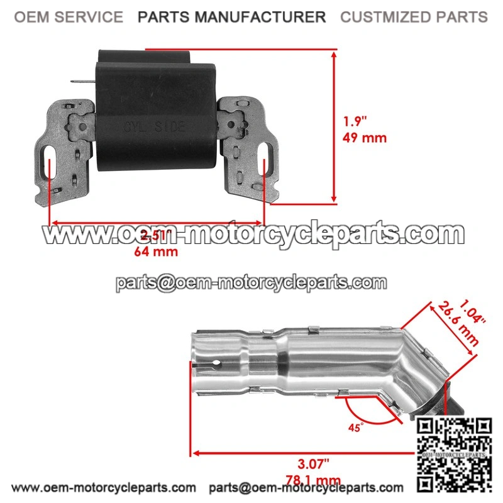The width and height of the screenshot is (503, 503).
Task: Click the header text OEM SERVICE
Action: click(69, 17)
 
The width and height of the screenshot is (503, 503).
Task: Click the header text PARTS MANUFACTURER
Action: click(232, 17)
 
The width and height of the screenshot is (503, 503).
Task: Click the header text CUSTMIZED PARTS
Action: click(414, 17)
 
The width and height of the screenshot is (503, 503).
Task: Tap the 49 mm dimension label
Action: click(365, 138)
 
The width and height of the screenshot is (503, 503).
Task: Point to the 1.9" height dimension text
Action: click(357, 121)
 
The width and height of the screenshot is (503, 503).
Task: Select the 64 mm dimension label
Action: click(156, 251)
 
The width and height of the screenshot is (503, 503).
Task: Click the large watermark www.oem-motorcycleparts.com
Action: click(252, 235)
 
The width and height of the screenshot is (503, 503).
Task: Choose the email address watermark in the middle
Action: click(251, 282)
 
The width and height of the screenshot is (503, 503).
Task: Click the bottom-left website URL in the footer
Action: click(104, 487)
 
